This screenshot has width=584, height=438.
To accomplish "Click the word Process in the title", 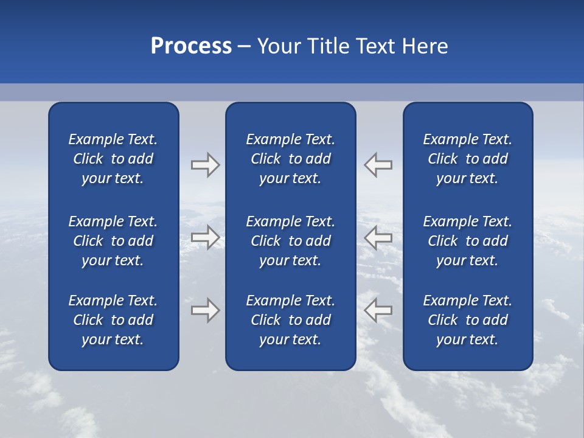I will [191, 46].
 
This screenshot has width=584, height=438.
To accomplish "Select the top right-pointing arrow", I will [205, 165].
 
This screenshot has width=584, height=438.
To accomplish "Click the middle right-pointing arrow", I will [205, 237].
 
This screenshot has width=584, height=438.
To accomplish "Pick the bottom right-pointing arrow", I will [205, 310].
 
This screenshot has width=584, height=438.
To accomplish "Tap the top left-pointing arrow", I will [378, 165].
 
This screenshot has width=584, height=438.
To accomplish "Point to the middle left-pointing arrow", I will [378, 237].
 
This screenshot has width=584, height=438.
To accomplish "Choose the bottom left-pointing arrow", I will [378, 310].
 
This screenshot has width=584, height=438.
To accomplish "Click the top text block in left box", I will [113, 159].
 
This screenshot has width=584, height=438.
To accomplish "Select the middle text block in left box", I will [113, 241].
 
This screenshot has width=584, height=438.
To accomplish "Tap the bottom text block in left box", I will [113, 320].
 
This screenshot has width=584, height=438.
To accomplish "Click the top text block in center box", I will [290, 159].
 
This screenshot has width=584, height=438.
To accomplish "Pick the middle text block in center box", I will [290, 241].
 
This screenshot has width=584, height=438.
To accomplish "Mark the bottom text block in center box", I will [290, 320].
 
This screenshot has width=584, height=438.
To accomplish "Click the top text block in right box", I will [467, 159].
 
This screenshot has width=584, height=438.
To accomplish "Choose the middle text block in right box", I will [467, 241].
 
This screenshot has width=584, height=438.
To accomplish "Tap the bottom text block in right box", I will [467, 320].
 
